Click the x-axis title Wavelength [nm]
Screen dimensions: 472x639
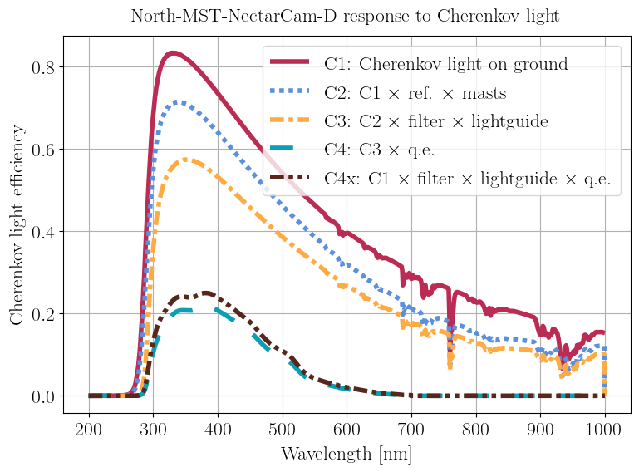pos(346,454)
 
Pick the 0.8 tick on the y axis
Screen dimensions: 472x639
pos(43,67)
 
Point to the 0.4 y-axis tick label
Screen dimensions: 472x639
pos(43,232)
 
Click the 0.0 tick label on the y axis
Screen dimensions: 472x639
pos(43,396)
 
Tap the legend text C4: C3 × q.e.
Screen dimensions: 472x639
pos(381,150)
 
